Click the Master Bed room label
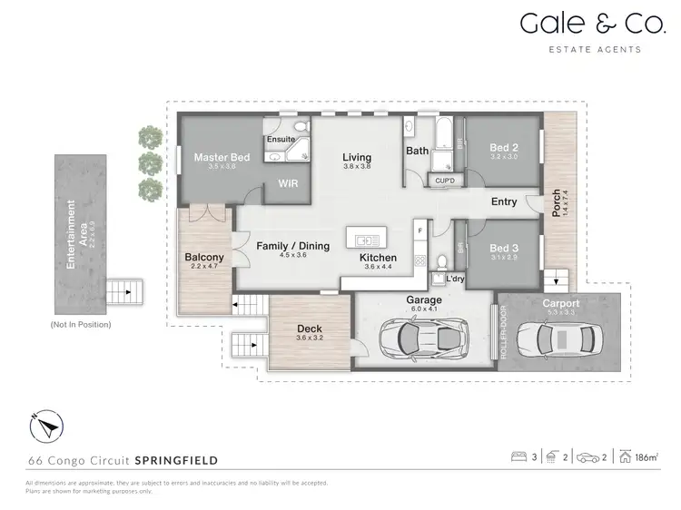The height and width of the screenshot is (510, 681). coord(222,157)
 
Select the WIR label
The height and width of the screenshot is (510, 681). coord(287,183)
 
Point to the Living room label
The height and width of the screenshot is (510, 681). coord(357,157)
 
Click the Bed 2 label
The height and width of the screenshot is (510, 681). coord(503,147)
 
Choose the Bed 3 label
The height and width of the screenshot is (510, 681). coord(503,249)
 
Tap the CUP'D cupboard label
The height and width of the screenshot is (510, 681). coord(445,181)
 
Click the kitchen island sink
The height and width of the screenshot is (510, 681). coord(367,240)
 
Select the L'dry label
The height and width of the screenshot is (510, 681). coord(455,279)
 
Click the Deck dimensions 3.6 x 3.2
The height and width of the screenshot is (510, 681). coord(311,338)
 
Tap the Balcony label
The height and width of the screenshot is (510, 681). coord(204,258)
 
